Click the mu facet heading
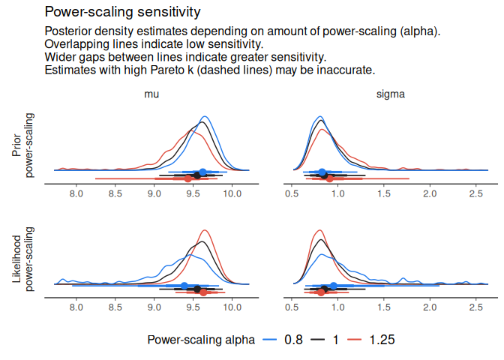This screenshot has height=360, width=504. coord(151,95)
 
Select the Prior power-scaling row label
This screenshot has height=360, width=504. coord(23,145)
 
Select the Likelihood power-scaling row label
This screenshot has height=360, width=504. coord(23,258)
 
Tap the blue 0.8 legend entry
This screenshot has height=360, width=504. coord(283,340)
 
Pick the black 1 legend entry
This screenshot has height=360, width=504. coord(328,340)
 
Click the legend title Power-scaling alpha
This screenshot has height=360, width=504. coord(200,340)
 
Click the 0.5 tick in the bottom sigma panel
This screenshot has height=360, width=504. coord(292,306)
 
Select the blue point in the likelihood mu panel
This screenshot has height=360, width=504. coord(184,285)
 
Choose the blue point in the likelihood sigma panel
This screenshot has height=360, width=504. coord(334,285)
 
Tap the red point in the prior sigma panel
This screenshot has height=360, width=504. coord(329,178)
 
